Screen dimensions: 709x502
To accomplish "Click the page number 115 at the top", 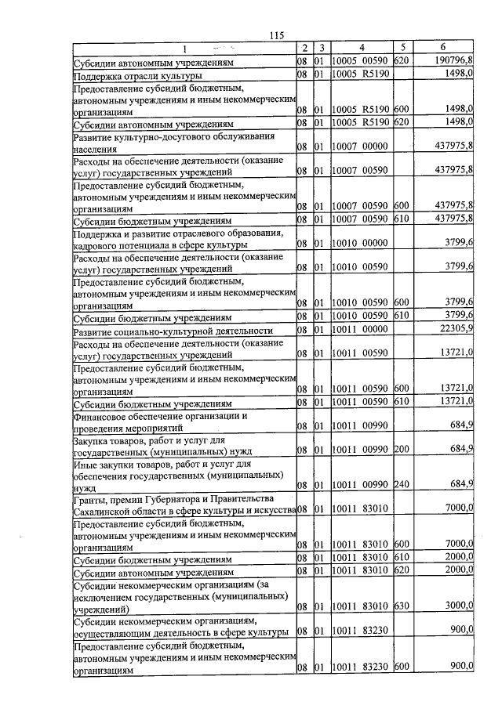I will [x=275, y=35].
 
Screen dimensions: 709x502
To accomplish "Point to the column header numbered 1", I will [x=184, y=49].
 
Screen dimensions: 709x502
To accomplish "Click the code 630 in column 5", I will [x=402, y=606].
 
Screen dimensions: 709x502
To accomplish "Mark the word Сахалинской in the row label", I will [x=106, y=511].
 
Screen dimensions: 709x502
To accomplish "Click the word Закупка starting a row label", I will [x=95, y=440].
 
